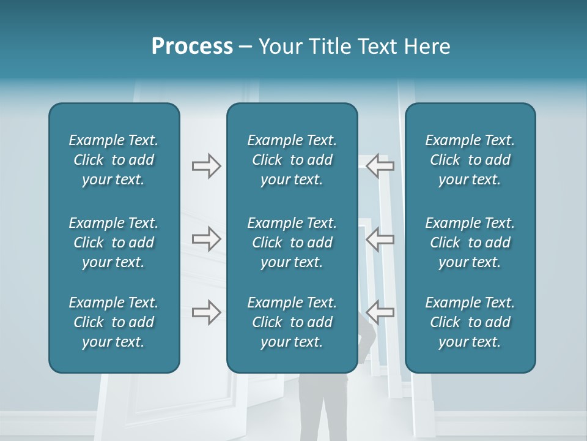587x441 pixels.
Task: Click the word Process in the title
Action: (x=192, y=47)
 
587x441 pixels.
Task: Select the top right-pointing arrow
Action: (x=206, y=166)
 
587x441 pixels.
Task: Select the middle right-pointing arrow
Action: (x=206, y=239)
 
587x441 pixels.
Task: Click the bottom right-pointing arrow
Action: (x=206, y=312)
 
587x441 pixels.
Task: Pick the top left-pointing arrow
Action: (x=380, y=166)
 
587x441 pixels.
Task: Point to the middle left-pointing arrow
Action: (x=380, y=239)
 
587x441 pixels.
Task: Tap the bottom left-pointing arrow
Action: (x=380, y=312)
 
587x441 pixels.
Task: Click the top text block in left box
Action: (x=114, y=160)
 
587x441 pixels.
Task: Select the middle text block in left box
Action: (x=114, y=243)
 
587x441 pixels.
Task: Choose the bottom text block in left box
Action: (x=114, y=322)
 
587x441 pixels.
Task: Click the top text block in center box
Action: (x=292, y=160)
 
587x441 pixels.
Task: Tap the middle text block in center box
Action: (x=292, y=243)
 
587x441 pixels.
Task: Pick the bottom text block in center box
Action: (x=292, y=322)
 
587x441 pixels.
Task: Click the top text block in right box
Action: (x=470, y=160)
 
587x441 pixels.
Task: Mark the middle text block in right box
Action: (x=470, y=243)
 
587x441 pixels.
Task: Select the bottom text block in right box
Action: (x=470, y=322)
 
